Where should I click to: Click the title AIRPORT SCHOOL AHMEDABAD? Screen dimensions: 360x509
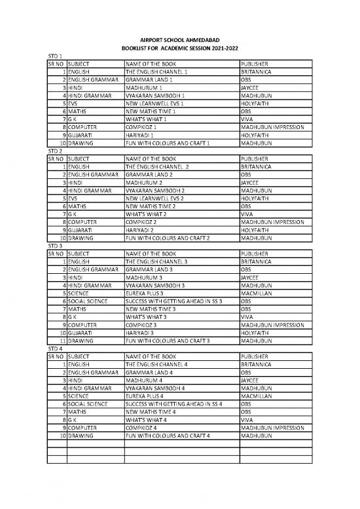179,41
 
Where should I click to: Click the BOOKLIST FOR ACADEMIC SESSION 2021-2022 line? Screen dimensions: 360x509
179,49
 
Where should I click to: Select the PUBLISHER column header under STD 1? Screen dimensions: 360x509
255,63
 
